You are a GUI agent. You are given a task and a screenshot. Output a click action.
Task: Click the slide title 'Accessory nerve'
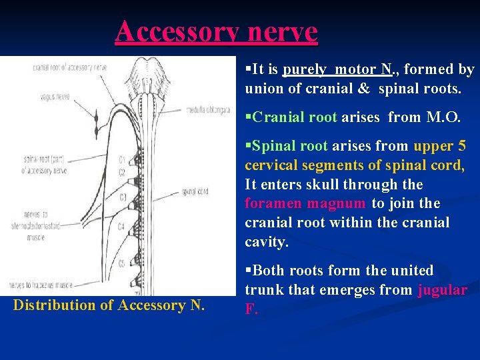pos(216,31)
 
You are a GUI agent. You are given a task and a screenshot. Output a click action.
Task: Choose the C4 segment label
pos(121,227)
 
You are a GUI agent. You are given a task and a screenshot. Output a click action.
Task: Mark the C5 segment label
pos(121,263)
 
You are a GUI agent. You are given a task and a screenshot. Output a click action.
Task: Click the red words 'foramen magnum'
pos(305,203)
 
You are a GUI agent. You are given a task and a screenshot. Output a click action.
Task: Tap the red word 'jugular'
pos(443,290)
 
